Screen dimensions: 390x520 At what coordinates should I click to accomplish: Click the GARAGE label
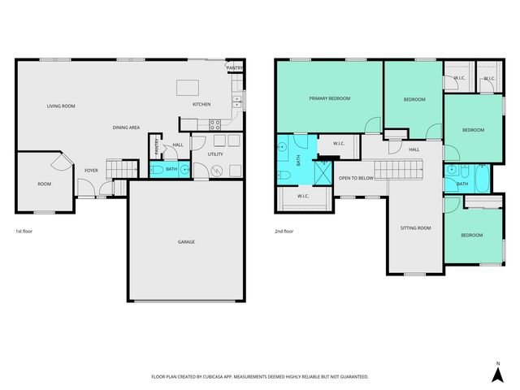point(186,241)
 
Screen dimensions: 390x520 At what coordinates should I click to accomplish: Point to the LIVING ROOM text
point(61,106)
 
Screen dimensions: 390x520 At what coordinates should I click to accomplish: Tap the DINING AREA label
point(126,128)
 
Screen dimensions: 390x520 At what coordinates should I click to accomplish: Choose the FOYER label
point(92,170)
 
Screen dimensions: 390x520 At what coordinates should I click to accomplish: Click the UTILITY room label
point(215,154)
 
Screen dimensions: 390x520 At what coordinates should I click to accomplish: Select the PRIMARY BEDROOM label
point(329,98)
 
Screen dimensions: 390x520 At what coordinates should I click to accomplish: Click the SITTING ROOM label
point(415,228)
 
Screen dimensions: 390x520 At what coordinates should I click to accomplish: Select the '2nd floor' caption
point(284,232)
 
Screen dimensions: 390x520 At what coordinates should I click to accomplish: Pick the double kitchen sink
point(236,101)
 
